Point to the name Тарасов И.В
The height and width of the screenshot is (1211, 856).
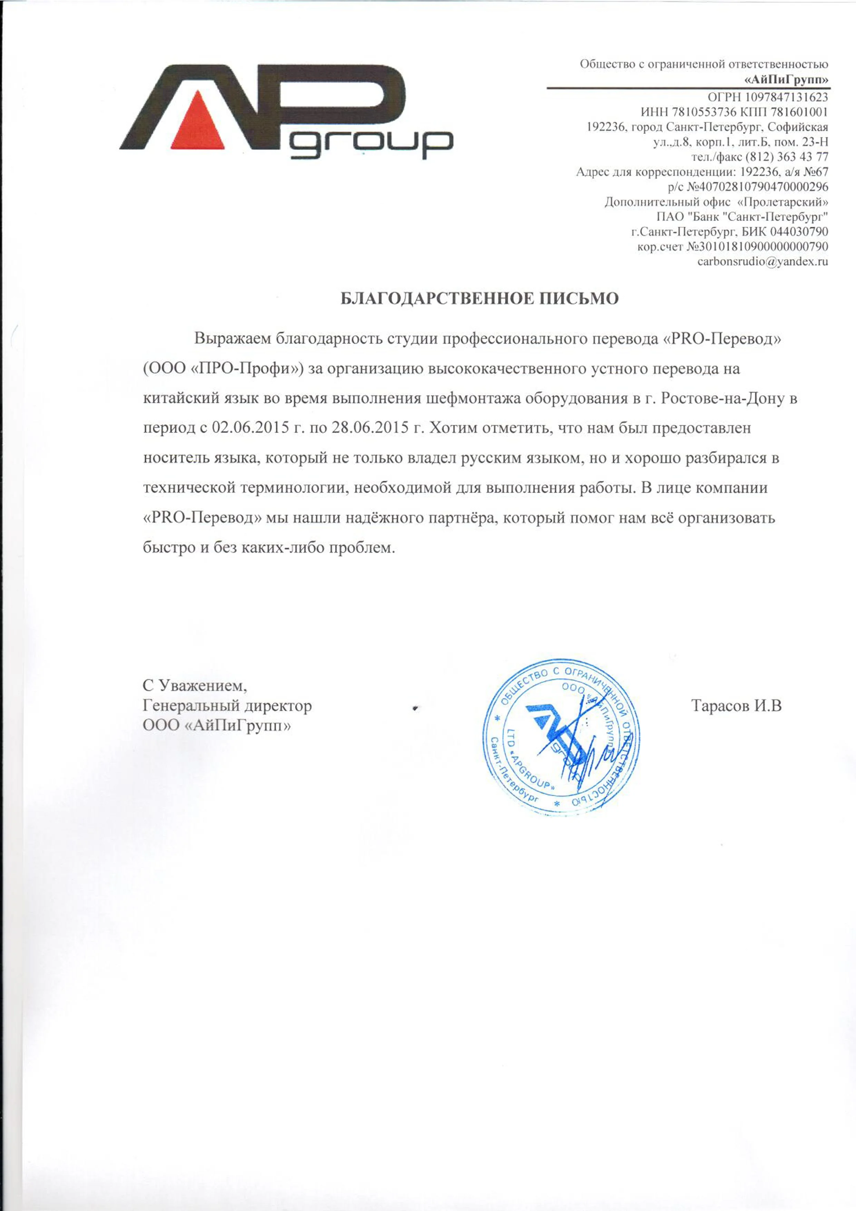736,705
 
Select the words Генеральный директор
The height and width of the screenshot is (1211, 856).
227,706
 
